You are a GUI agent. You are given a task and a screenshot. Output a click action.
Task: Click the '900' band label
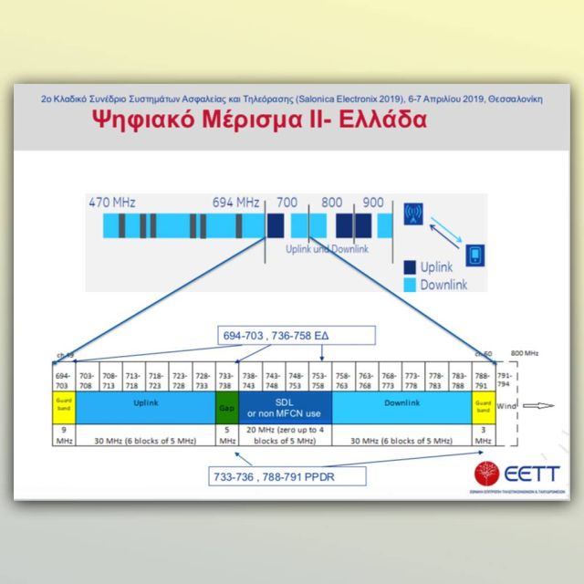coord(372,202)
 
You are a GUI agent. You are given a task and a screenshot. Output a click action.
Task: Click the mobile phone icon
coord(474,255)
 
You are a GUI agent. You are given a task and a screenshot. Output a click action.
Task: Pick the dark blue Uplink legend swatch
coord(410,267)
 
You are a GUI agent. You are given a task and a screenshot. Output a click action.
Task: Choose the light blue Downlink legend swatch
coord(410,286)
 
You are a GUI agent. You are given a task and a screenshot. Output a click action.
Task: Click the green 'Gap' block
coord(225,409)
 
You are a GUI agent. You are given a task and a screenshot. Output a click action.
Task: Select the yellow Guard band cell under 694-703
coord(63,409)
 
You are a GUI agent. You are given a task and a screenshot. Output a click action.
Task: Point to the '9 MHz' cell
coord(63,434)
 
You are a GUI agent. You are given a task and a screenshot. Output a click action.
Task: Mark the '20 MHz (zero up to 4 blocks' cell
coord(286,434)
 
